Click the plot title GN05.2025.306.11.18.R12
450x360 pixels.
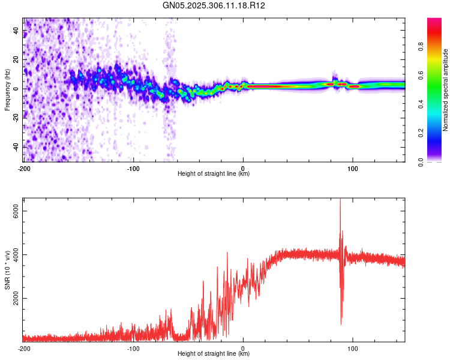214,5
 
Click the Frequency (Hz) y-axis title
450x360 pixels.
7,90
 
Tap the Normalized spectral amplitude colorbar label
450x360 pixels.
446,90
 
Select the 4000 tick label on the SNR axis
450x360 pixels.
16,254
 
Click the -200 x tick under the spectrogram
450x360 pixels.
24,167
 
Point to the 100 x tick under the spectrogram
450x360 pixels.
353,167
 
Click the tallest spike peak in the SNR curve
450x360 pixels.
340,200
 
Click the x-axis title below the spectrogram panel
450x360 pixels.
214,174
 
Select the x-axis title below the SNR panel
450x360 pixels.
214,354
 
